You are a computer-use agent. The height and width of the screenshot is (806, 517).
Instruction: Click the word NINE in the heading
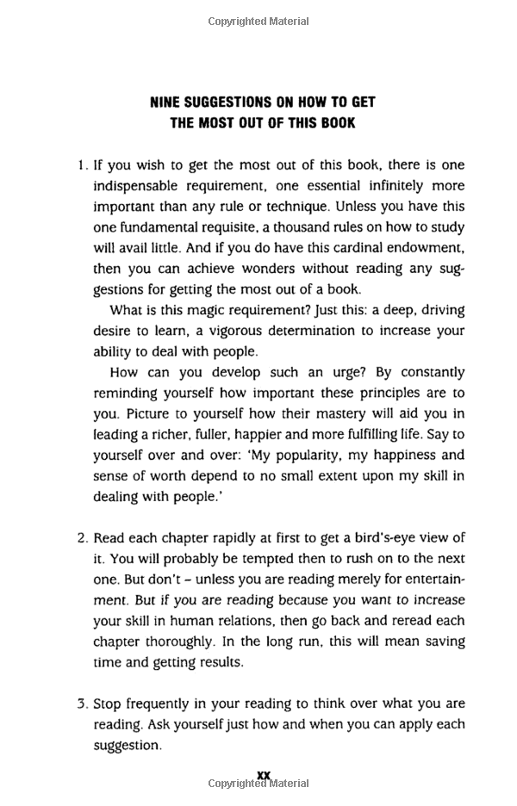point(167,102)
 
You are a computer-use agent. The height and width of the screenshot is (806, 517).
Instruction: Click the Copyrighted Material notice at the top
point(258,21)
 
